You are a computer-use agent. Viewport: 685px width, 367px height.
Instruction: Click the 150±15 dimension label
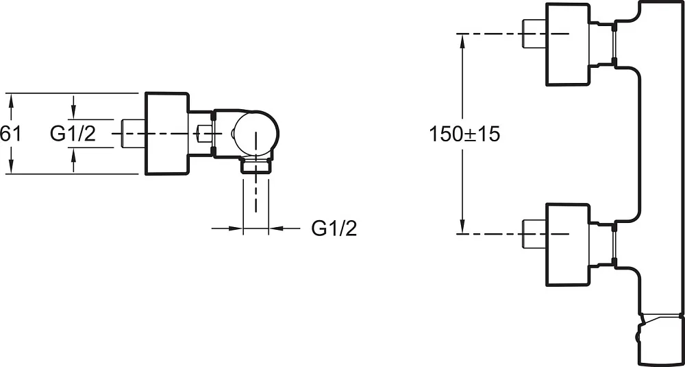click(x=464, y=134)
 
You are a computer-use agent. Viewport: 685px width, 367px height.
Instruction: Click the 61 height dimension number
click(x=10, y=134)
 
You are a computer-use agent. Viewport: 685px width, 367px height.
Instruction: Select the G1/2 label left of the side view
click(x=73, y=134)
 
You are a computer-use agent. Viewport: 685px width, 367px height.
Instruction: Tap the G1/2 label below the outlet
click(x=334, y=228)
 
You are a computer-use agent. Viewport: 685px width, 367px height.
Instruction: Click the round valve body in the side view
click(x=256, y=132)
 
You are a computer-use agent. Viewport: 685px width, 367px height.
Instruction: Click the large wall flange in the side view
click(x=166, y=133)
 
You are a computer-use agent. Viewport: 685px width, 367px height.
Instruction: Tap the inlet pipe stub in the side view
click(x=132, y=133)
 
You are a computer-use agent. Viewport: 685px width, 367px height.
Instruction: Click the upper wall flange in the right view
click(x=568, y=44)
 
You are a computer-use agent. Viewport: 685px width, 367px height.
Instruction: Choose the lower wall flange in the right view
click(x=568, y=244)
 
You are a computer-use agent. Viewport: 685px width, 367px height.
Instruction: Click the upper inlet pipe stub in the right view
click(x=534, y=34)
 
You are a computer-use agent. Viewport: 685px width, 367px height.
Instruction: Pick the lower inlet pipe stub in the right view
click(x=534, y=234)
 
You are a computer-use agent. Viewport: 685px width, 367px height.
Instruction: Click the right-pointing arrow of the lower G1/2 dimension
click(x=234, y=228)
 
